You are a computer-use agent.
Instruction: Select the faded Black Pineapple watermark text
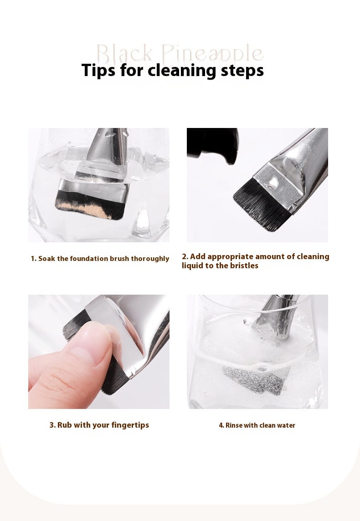(180, 54)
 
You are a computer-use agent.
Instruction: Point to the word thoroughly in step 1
(150, 259)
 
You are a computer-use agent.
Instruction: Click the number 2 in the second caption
(185, 256)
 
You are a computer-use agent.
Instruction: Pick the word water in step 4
(286, 425)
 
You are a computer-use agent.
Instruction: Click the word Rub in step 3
(64, 425)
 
